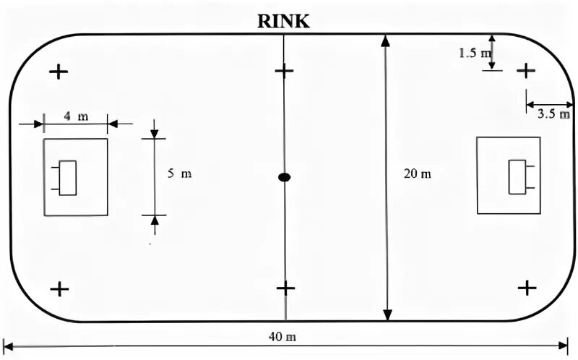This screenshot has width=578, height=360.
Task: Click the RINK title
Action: [x=284, y=21]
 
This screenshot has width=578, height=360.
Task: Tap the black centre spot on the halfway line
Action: [x=285, y=177]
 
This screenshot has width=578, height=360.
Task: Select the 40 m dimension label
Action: [x=285, y=337]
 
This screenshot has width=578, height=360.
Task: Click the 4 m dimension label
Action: [x=76, y=116]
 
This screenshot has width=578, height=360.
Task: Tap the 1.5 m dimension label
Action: [x=475, y=53]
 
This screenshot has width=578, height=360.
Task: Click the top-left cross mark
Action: [x=58, y=72]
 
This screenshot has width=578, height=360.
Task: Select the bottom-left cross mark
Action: [x=59, y=289]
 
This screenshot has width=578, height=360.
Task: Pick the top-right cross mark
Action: [x=527, y=70]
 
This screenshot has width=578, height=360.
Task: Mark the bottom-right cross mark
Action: [x=527, y=288]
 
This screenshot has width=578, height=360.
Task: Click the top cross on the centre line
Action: [x=285, y=71]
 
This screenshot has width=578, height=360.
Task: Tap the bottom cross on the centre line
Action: [x=285, y=288]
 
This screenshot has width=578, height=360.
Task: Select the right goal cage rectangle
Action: [x=517, y=177]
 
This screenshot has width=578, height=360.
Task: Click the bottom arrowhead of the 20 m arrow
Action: [x=388, y=314]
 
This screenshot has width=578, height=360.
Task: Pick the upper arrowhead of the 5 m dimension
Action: [x=155, y=134]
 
